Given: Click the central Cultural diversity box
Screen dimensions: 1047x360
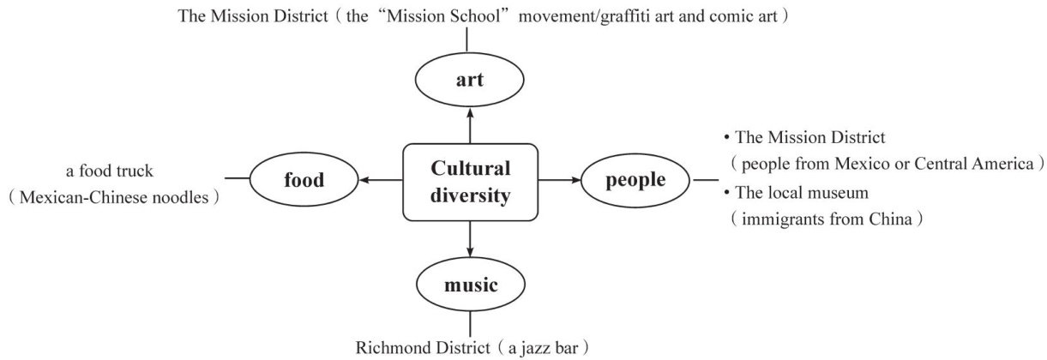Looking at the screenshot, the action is (470, 181).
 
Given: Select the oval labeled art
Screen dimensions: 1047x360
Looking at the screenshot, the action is (469, 81).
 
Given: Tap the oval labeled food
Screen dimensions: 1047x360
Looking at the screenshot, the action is (304, 181).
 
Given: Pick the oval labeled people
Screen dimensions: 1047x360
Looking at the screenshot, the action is (635, 181).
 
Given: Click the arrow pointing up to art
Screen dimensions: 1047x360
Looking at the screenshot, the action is (470, 124).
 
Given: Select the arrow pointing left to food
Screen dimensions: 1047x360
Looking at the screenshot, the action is (382, 181).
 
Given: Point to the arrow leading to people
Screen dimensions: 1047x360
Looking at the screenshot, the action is (559, 181).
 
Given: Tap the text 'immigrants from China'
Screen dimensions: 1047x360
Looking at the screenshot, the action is (827, 219).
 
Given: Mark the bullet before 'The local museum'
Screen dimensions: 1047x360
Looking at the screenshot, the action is (726, 191).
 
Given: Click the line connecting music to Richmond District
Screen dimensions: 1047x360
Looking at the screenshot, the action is (470, 322).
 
